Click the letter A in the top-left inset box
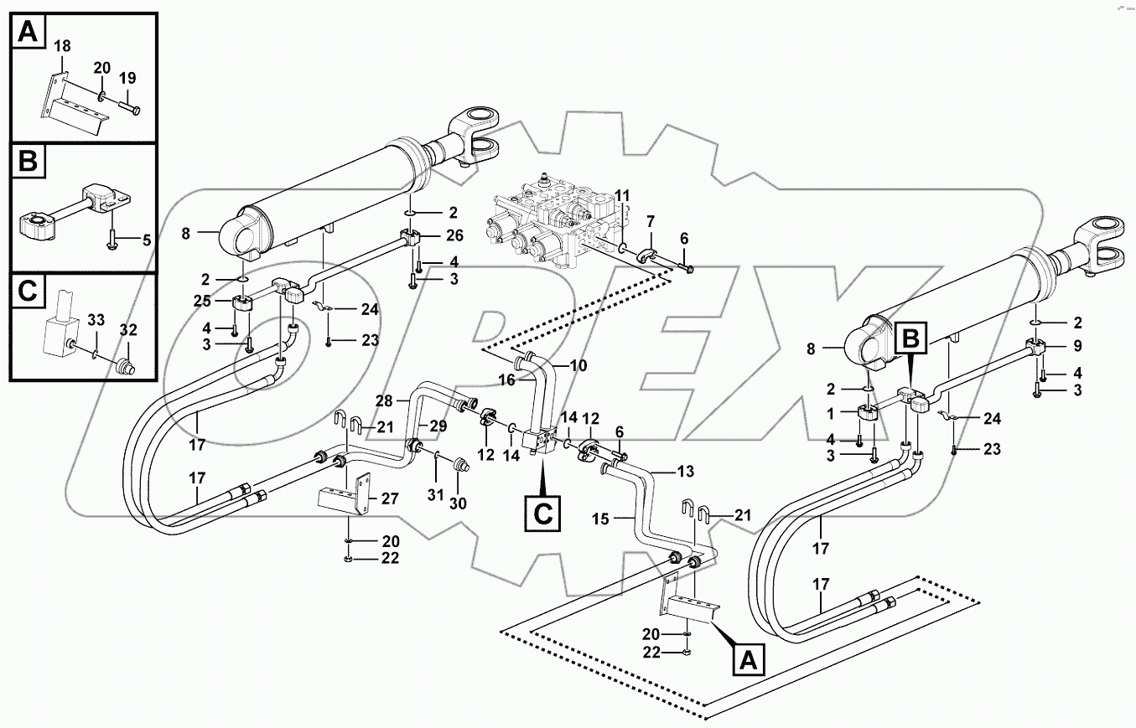click(x=29, y=33)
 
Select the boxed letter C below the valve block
click(x=543, y=512)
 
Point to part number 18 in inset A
click(x=63, y=47)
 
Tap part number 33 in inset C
click(x=96, y=319)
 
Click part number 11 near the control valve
click(x=621, y=195)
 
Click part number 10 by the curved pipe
click(x=579, y=365)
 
